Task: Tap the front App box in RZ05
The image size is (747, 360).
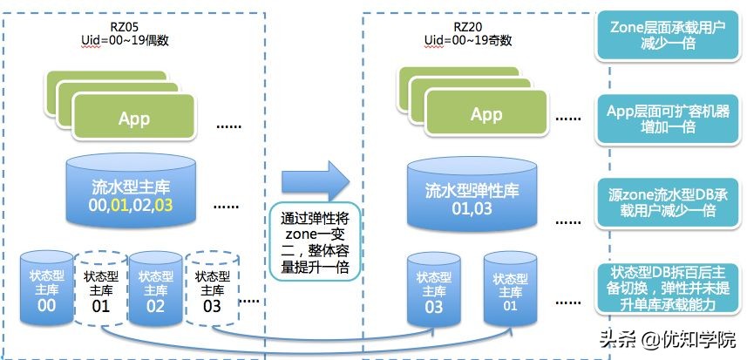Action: coord(134,119)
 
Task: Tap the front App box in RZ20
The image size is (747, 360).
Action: coord(486,115)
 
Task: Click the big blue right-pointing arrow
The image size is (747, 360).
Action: coord(315,180)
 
